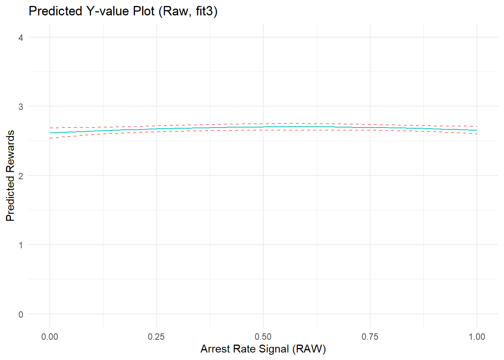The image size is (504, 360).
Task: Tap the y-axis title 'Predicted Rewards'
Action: (10, 175)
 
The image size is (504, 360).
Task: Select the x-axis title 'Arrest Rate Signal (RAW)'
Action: (263, 349)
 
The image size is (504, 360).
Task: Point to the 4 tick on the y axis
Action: (21, 37)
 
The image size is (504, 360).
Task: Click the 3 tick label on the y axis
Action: (21, 106)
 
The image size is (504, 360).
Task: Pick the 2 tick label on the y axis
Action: (21, 176)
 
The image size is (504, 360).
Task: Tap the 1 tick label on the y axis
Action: (21, 245)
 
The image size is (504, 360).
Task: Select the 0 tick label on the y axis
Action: (21, 314)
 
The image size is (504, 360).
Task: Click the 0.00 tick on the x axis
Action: (50, 337)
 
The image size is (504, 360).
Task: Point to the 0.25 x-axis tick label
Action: (156, 337)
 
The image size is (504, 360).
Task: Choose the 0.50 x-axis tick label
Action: (263, 337)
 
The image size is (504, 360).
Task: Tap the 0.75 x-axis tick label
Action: (370, 337)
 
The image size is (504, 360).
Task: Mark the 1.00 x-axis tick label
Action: (477, 337)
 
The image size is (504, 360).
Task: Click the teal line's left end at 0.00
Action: (50, 133)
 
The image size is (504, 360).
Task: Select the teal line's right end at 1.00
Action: (477, 130)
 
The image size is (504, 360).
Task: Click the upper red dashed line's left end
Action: (50, 128)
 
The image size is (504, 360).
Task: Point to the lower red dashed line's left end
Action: (50, 138)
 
